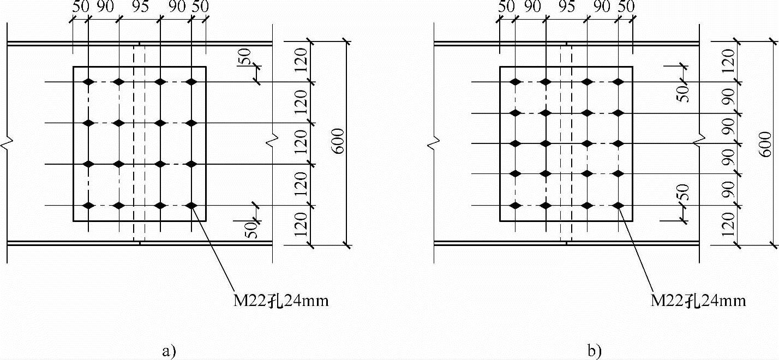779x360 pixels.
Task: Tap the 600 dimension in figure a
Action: click(x=338, y=141)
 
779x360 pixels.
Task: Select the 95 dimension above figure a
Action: click(x=140, y=7)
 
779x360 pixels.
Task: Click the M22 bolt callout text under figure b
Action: click(x=698, y=301)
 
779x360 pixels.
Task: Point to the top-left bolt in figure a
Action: click(x=88, y=82)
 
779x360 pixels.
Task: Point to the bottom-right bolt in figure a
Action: click(x=191, y=206)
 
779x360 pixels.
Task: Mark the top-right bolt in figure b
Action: click(x=618, y=82)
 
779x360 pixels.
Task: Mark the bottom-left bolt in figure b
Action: click(x=514, y=206)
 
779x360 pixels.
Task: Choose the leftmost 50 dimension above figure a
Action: click(x=80, y=7)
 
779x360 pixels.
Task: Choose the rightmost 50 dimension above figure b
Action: click(x=626, y=7)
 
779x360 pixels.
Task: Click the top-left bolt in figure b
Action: click(x=514, y=82)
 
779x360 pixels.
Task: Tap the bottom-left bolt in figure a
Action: click(x=88, y=206)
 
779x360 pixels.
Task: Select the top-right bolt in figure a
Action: click(x=191, y=82)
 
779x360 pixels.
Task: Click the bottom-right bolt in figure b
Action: click(x=618, y=206)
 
